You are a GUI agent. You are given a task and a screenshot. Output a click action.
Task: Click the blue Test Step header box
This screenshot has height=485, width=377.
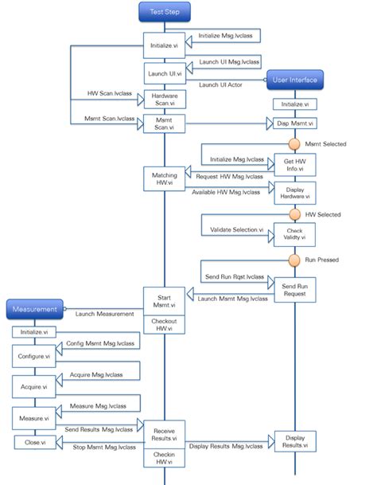165,12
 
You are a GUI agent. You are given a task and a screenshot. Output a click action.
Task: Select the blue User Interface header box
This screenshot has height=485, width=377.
294,80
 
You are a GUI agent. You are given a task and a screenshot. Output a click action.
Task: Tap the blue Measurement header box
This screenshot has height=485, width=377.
34,309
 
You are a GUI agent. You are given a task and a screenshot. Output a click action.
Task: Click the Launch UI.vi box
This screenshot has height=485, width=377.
165,73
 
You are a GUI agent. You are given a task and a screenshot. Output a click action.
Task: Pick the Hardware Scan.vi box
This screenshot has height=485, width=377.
165,100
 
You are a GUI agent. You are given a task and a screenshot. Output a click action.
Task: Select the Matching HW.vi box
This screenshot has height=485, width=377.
165,178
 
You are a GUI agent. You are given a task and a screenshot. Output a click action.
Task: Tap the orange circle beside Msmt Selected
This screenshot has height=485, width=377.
294,144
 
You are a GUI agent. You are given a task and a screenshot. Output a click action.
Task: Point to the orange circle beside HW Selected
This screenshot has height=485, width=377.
294,214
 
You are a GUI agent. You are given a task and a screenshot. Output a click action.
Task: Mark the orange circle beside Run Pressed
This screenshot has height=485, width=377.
294,260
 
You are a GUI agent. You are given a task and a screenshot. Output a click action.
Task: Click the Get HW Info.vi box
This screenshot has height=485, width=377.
294,164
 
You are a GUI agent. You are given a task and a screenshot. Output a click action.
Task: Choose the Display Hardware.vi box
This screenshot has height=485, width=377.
294,192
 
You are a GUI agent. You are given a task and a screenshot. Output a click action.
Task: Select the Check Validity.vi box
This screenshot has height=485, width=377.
294,234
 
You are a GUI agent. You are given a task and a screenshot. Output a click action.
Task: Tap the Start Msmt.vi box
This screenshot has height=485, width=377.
165,299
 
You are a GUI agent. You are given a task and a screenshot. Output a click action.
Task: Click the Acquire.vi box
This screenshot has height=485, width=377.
34,386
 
